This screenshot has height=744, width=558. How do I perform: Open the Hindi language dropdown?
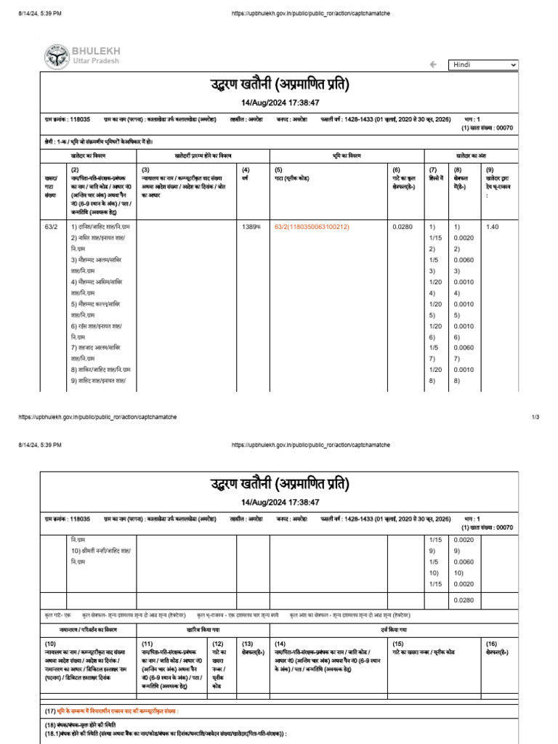point(483,65)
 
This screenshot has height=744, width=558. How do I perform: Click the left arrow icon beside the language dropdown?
point(434,65)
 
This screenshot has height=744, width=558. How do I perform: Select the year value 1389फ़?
point(251,227)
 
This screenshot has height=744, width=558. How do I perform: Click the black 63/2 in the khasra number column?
point(51,227)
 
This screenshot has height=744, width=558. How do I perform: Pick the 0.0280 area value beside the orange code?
point(402,227)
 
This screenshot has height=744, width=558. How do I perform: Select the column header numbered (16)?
point(492,644)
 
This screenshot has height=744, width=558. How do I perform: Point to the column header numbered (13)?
point(247,644)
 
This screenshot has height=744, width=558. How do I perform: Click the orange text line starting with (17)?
point(116,710)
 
